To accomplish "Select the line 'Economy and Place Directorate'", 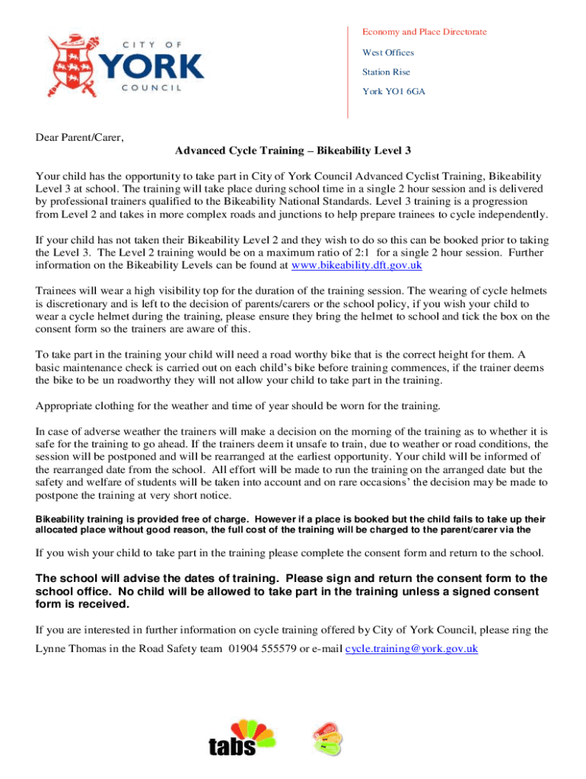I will click(x=424, y=32).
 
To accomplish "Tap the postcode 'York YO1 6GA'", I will click(x=393, y=91).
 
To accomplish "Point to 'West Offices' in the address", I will click(x=388, y=52).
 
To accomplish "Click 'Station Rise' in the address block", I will click(x=386, y=72).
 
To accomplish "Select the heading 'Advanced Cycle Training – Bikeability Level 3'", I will click(x=293, y=151).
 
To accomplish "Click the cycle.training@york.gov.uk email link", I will click(x=412, y=649).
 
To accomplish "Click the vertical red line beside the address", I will click(x=347, y=72).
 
